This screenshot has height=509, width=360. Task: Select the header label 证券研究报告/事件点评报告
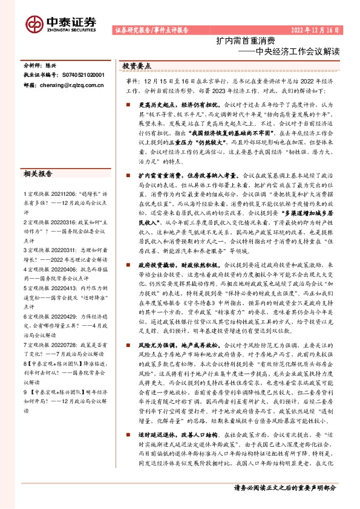(x=151, y=29)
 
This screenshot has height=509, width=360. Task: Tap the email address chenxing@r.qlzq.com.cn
(x=71, y=86)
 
